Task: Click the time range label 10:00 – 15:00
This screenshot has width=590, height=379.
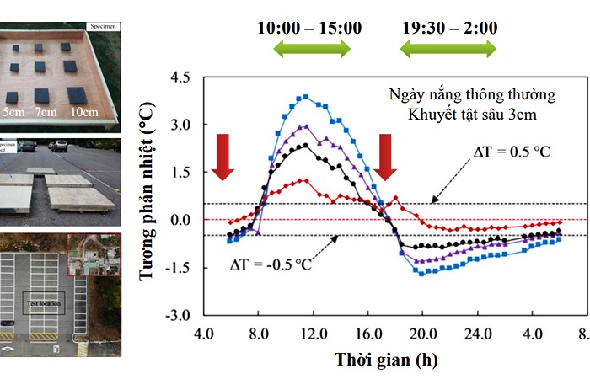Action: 309,28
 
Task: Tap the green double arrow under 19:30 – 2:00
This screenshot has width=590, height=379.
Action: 446,49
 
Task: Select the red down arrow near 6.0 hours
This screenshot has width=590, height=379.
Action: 223,156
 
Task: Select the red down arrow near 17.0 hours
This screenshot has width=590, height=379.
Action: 385,156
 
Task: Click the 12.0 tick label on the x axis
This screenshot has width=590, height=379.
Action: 314,334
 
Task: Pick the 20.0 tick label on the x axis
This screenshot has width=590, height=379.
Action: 421,334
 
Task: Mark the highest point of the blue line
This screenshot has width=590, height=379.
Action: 306,97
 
